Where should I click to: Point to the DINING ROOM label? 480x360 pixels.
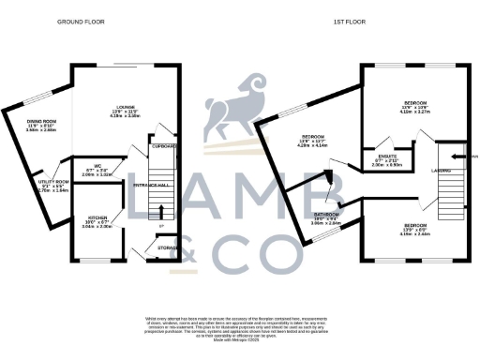pyautogui.click(x=42, y=124)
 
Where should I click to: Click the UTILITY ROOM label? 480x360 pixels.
pyautogui.click(x=54, y=185)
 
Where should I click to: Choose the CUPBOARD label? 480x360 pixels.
pyautogui.click(x=165, y=147)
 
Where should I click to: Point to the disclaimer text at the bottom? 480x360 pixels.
pyautogui.click(x=240, y=329)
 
